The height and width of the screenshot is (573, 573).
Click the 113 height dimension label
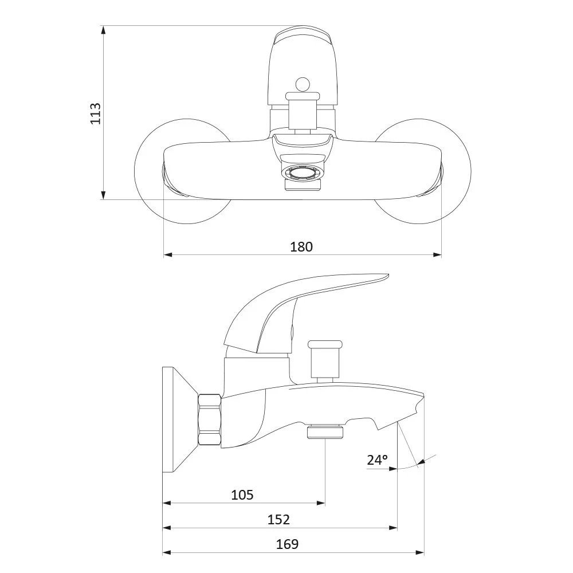[95, 113]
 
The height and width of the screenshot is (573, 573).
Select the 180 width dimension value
[301, 246]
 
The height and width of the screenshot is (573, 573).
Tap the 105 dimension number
[242, 495]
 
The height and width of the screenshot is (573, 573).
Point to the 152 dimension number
[278, 519]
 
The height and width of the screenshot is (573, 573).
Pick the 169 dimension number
[287, 544]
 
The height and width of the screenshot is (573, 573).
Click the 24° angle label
[378, 460]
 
